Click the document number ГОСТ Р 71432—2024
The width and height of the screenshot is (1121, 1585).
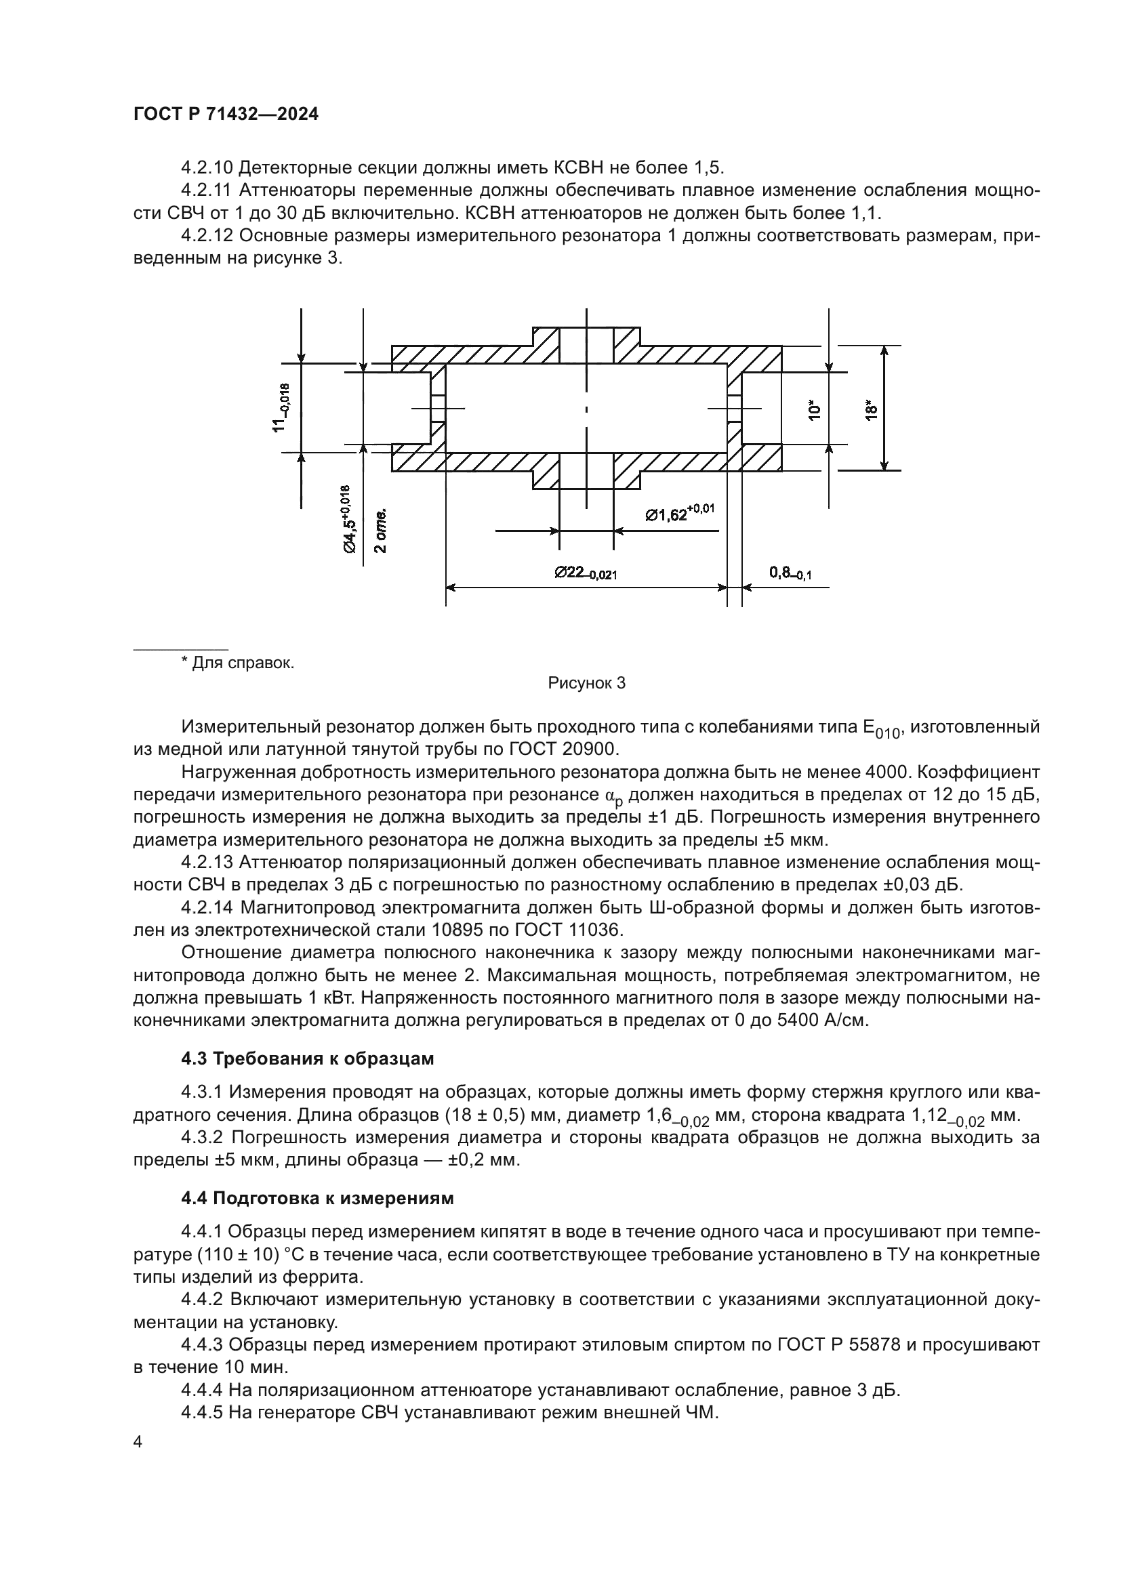click(226, 115)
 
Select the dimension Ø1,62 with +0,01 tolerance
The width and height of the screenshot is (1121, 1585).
click(679, 513)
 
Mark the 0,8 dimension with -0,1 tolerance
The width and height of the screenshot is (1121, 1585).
click(790, 573)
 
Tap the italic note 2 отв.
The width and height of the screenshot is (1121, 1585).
click(380, 530)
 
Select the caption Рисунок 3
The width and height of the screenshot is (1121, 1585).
click(586, 684)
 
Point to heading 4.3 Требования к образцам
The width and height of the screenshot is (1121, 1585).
click(308, 1058)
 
